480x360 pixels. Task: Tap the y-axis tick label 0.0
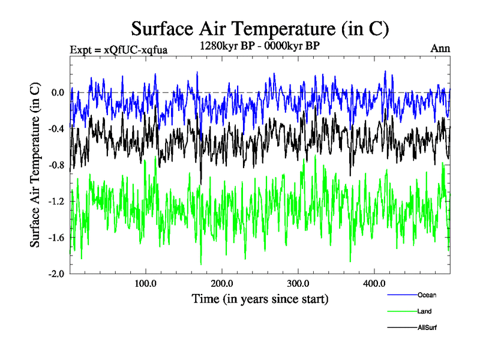(58, 92)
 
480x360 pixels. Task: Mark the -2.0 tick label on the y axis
(56, 274)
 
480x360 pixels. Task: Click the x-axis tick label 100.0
(146, 284)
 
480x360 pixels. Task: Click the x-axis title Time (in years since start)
(260, 298)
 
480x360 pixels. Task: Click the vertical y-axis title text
(35, 166)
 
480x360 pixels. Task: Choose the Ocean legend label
(427, 295)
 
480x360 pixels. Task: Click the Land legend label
(424, 311)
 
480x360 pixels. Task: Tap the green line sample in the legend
(401, 311)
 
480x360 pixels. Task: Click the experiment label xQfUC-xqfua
(118, 49)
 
